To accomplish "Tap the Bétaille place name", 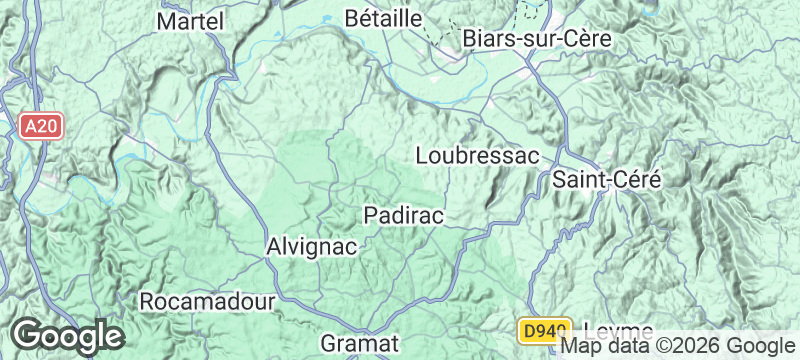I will pyautogui.click(x=384, y=18).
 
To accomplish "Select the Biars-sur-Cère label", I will pyautogui.click(x=537, y=37).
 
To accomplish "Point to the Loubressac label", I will pyautogui.click(x=476, y=156).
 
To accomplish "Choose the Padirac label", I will pyautogui.click(x=403, y=215).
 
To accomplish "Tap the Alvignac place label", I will pyautogui.click(x=312, y=246).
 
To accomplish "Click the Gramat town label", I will pyautogui.click(x=360, y=343).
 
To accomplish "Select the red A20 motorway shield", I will pyautogui.click(x=40, y=125).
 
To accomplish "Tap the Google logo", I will pyautogui.click(x=67, y=336).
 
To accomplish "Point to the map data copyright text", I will pyautogui.click(x=677, y=346).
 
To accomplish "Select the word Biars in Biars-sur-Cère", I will pyautogui.click(x=487, y=37).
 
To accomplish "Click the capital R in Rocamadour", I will pyautogui.click(x=147, y=301).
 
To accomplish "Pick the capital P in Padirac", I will pyautogui.click(x=370, y=215).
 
